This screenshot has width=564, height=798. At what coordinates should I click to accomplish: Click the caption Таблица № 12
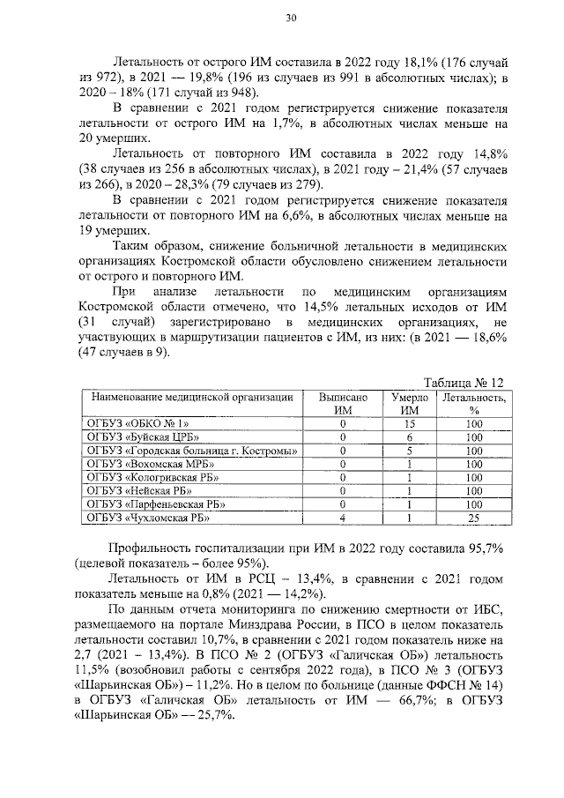point(464,383)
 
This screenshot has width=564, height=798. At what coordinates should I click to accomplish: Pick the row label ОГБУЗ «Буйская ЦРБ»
point(139,436)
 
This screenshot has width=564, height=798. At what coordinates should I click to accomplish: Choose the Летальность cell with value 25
point(474,518)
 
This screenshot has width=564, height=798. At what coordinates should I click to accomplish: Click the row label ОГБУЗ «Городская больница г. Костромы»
point(189,451)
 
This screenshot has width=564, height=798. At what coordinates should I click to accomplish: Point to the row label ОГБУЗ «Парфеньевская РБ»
point(149,504)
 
